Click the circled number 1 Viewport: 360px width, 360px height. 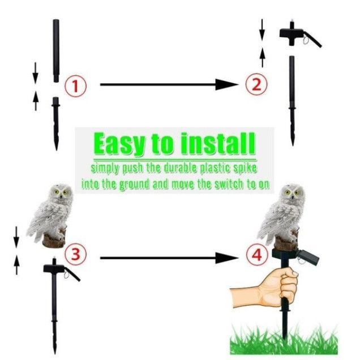coord(75,86)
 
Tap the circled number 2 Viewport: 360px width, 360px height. coord(256,84)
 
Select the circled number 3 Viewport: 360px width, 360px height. coord(75,254)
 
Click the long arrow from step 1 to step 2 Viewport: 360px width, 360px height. coord(169,84)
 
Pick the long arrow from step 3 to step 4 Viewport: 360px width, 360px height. coord(169,258)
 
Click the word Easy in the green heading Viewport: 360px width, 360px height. coord(119,144)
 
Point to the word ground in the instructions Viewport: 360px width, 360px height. coord(134,185)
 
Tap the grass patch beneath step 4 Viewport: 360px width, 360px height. coord(284,340)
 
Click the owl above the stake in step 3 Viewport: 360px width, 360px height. coord(50,216)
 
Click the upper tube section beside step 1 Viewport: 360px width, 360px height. coord(56,50)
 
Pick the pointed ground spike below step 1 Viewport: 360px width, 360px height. coord(56,123)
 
